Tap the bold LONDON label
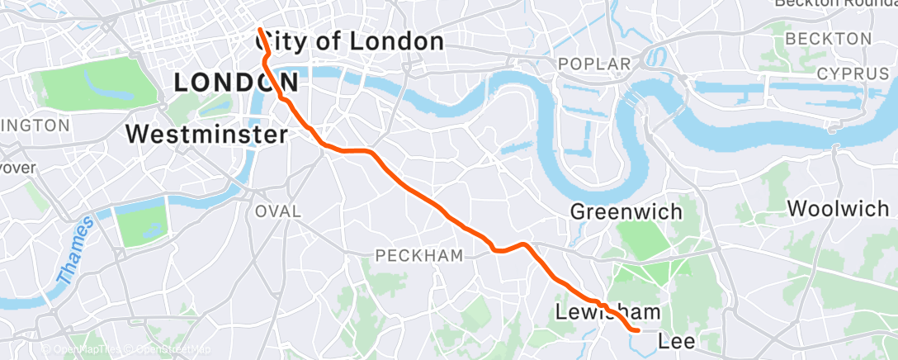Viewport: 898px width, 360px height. [x=236, y=82]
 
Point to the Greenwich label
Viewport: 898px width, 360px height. [x=627, y=212]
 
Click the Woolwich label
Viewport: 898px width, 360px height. [x=838, y=209]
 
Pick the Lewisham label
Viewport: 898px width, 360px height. [x=608, y=313]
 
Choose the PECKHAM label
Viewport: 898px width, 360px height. [x=419, y=256]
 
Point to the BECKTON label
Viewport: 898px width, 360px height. [x=828, y=39]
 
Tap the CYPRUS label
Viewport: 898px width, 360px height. [x=853, y=74]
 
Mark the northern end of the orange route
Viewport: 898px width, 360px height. [x=260, y=31]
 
